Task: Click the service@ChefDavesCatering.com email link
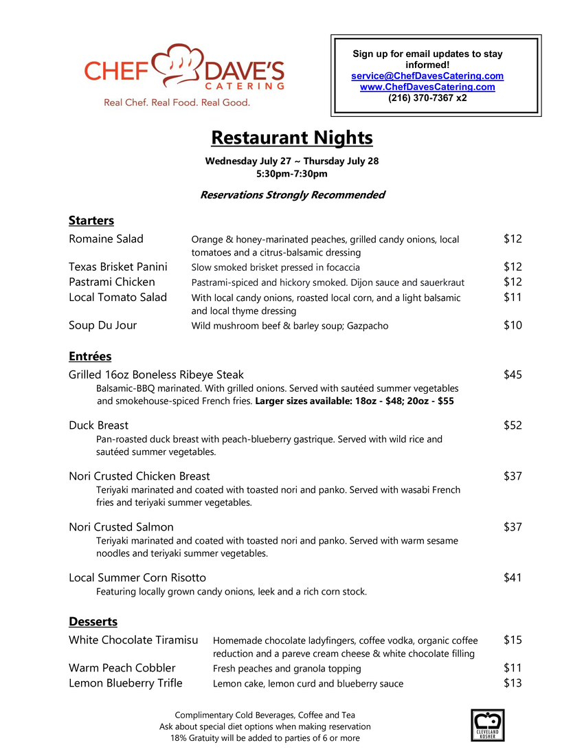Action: coord(427,76)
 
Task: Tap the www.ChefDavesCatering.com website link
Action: coord(427,87)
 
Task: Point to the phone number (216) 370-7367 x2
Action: coord(427,98)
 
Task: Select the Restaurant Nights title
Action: coord(291,137)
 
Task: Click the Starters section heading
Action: coord(91,221)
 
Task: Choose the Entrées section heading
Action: coord(90,357)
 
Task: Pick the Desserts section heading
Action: coord(93,622)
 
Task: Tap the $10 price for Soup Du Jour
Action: coord(513,325)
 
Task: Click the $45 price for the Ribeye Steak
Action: coord(513,375)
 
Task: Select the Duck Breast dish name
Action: coord(98,425)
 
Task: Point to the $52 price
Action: coord(513,425)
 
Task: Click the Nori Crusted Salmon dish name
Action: coord(121,527)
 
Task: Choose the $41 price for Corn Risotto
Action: coord(513,578)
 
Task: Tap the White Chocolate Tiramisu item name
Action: coord(133,640)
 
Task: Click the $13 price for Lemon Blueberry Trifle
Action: coord(513,682)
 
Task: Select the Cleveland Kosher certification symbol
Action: coord(487,724)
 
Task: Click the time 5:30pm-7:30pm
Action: coord(291,174)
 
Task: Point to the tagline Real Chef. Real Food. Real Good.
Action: coord(177,102)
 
